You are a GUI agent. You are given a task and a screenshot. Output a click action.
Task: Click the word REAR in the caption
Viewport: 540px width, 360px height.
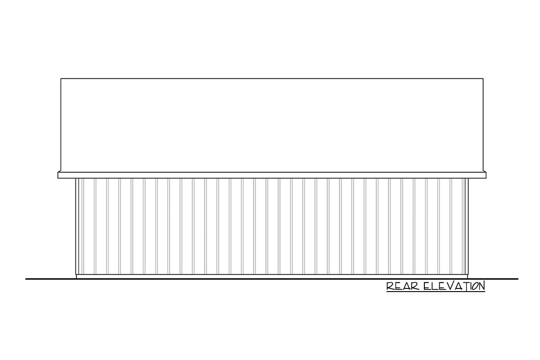403,286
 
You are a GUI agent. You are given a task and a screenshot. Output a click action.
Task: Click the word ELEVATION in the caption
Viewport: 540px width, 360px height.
454,286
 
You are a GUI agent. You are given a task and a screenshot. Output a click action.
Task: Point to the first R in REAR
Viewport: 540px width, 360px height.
390,286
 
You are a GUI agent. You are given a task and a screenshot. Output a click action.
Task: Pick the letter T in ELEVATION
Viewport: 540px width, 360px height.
463,286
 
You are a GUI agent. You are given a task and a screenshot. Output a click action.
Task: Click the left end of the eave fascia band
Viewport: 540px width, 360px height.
59,175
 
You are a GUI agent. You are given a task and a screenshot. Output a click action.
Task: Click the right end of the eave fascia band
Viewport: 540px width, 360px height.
485,175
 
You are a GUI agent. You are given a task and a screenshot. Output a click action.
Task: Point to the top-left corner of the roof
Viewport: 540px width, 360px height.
61,79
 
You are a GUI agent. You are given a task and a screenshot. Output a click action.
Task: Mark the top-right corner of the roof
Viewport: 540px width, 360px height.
483,79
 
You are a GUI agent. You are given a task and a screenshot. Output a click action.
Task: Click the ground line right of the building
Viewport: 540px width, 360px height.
495,279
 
